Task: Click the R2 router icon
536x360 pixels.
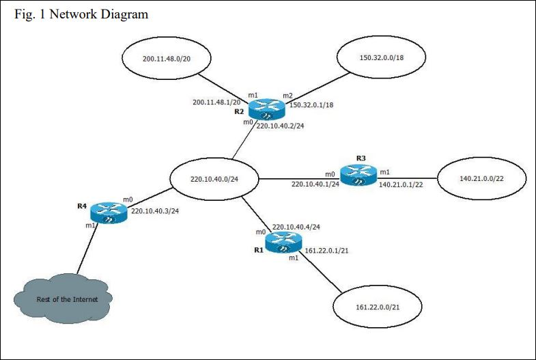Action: pyautogui.click(x=266, y=109)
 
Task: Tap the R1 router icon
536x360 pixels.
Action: pyautogui.click(x=283, y=242)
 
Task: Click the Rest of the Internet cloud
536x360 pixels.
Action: pyautogui.click(x=63, y=299)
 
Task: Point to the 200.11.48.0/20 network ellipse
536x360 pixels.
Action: pyautogui.click(x=167, y=59)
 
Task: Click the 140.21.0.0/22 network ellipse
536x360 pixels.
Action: pyautogui.click(x=482, y=178)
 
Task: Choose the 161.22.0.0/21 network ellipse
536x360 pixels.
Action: pyautogui.click(x=377, y=307)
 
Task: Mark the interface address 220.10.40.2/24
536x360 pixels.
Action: pyautogui.click(x=280, y=126)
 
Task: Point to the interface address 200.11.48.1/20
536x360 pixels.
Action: pyautogui.click(x=216, y=102)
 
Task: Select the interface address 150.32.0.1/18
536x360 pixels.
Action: pyautogui.click(x=311, y=105)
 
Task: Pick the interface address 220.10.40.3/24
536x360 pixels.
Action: pyautogui.click(x=154, y=211)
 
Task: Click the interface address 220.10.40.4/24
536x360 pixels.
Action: pyautogui.click(x=296, y=226)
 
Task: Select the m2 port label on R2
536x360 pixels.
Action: pyautogui.click(x=287, y=95)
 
